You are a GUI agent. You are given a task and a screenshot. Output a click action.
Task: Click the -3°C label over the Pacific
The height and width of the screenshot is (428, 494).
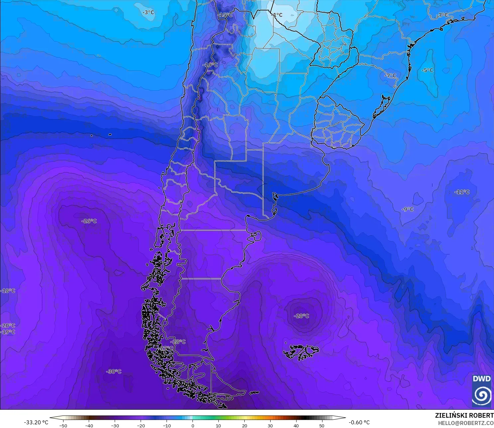coord(148,12)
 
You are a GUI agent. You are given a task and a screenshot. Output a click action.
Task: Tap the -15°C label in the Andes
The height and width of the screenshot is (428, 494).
coord(225,15)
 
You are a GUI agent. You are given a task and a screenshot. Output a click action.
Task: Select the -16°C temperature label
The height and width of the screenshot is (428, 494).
coord(210,65)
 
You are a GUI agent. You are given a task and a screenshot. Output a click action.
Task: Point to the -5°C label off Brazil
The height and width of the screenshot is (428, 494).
coord(428,70)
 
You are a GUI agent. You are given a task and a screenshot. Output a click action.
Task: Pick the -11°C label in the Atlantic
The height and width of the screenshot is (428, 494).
coord(462,192)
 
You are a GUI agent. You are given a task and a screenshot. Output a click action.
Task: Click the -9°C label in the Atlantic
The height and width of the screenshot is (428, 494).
coord(408,209)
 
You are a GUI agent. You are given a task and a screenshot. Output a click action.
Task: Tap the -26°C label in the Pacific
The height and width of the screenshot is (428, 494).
coord(89,221)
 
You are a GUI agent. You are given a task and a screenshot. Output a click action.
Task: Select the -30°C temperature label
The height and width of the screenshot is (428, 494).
coord(114,371)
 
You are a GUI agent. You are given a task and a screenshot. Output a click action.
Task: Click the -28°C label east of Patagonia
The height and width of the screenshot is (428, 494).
coord(301,316)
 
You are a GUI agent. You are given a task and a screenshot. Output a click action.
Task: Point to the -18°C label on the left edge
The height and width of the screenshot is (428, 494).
coord(8,291)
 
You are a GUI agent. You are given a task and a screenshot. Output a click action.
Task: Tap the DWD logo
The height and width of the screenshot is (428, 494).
coord(481,391)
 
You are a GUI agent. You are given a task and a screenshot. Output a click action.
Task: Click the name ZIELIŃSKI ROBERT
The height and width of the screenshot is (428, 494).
coord(464,415)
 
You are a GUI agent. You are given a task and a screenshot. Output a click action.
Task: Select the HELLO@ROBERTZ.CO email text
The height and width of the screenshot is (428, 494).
coord(465,423)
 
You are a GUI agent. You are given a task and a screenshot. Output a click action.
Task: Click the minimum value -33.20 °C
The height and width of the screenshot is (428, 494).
coord(36,422)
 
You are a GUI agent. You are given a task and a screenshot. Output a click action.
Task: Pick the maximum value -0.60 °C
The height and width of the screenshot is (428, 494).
coord(359,422)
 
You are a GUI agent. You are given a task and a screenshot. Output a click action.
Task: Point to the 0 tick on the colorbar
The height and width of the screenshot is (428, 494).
coord(192,425)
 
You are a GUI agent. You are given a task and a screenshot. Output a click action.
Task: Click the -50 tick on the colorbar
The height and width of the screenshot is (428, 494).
coord(63,425)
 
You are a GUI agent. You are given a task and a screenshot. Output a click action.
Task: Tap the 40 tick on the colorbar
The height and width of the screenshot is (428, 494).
coord(296,425)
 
